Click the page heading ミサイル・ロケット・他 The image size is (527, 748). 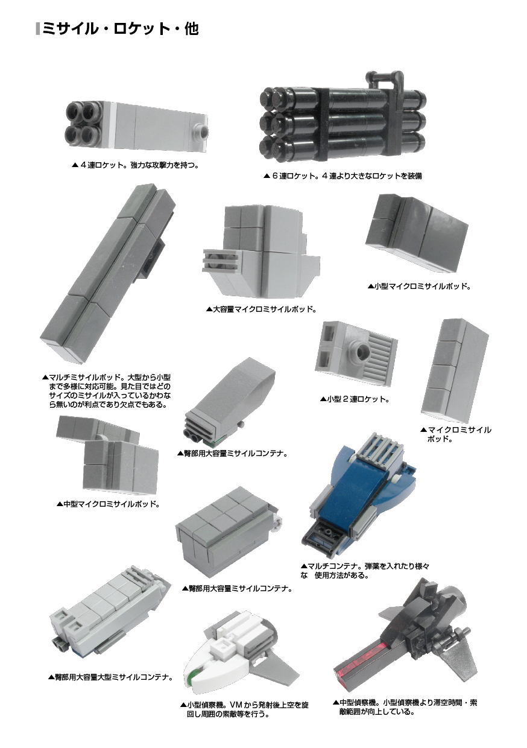click(121, 29)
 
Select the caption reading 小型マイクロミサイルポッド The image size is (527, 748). click(419, 286)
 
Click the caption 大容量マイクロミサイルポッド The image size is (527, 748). click(261, 309)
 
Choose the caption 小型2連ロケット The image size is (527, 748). click(355, 399)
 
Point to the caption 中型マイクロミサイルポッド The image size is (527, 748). click(108, 504)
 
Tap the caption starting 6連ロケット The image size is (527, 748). click(342, 176)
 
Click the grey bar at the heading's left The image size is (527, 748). click(38, 29)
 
